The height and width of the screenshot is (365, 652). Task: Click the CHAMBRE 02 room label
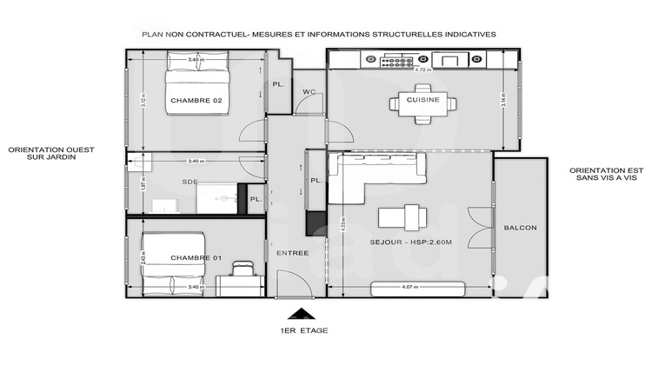point(196,102)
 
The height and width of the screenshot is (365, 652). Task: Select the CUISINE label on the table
point(422,101)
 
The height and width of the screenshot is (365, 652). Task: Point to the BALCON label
point(520,229)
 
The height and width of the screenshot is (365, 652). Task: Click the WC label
point(309,92)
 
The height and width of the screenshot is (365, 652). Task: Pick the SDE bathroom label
point(190,182)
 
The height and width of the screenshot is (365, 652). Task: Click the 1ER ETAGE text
point(298,331)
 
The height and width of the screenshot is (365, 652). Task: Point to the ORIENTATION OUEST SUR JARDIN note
point(50,155)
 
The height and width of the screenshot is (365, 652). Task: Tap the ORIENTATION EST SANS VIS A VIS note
point(606,174)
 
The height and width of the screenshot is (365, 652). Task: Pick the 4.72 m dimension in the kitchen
point(423,70)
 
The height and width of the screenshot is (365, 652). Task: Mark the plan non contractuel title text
point(318,34)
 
